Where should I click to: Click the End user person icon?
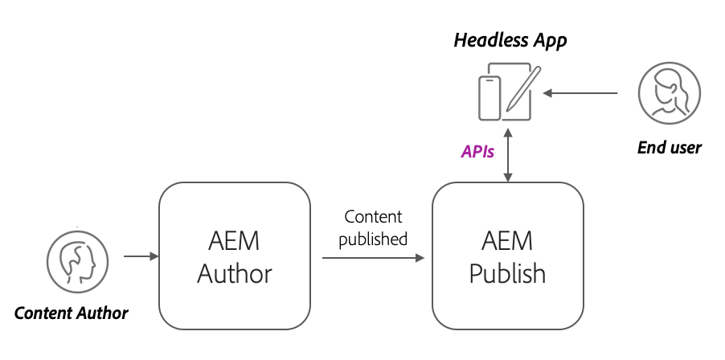[x=665, y=94]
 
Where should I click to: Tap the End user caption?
[x=669, y=147]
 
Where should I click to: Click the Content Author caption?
[x=72, y=313]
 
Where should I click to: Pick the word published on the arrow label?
[x=373, y=239]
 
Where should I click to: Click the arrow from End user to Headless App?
[x=580, y=94]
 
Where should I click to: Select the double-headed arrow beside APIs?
[x=507, y=152]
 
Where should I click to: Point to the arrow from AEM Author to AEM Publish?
[x=373, y=258]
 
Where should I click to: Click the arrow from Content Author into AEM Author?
[x=141, y=258]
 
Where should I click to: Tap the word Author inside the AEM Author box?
[x=235, y=274]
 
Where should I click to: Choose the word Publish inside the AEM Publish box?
[x=507, y=274]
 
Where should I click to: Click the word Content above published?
[x=373, y=218]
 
